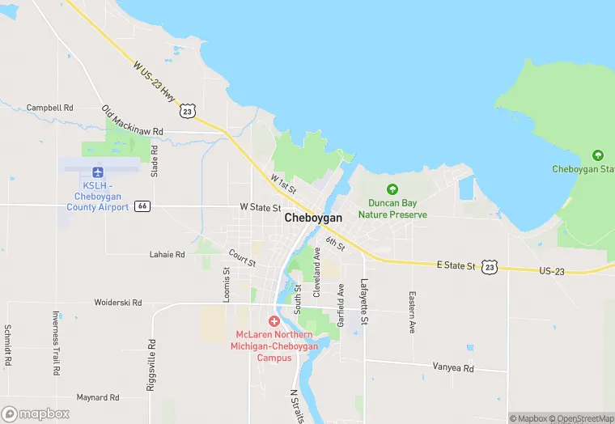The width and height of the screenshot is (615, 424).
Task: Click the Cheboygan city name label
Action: coord(313,218)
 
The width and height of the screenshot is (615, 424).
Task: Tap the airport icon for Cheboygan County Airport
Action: coord(98,172)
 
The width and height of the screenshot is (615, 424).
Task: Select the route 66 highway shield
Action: coord(142,206)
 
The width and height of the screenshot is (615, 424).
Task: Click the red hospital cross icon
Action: coord(274,321)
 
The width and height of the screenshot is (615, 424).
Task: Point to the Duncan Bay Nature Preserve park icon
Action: coord(392,189)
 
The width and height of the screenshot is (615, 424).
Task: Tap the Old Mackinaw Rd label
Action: coord(133,121)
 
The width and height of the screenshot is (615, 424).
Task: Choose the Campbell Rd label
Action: coord(49,107)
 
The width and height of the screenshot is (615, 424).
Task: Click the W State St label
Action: coord(260,207)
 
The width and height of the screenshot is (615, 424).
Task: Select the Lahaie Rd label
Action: coord(168,254)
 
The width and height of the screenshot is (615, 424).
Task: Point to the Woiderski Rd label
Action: coord(118,303)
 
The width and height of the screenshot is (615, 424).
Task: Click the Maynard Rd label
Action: coord(98,397)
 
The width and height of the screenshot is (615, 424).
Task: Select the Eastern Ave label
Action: coord(412,312)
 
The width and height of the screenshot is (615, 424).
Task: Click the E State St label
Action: coord(456,265)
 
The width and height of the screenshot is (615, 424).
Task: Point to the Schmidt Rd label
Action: coord(7,346)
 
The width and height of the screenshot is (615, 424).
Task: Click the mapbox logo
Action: coord(36,413)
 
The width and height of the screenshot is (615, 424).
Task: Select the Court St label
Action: coord(242,258)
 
